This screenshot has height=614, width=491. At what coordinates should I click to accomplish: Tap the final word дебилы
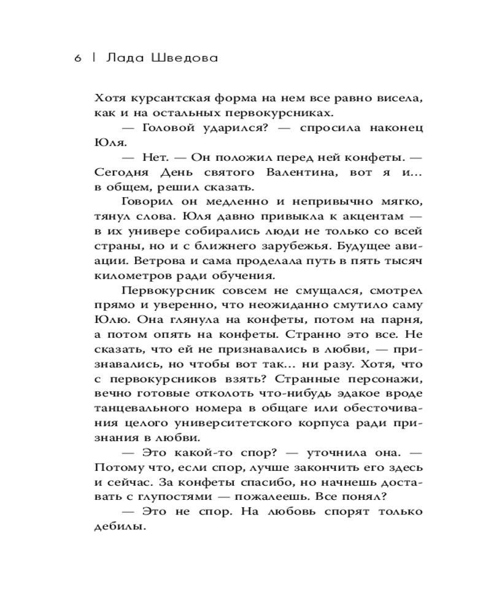coord(120,527)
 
